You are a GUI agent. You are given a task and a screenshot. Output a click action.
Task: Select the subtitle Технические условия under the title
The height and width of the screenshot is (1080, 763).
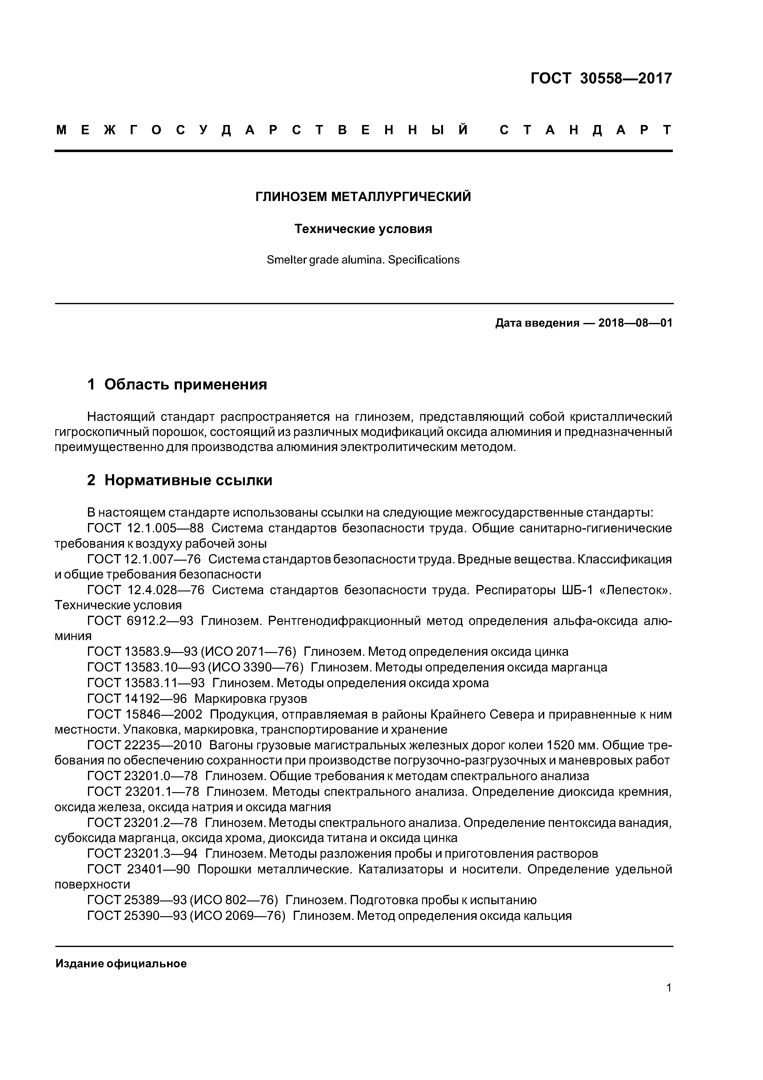point(363,229)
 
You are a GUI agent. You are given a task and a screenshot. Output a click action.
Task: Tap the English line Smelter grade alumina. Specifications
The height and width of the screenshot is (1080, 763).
point(363,260)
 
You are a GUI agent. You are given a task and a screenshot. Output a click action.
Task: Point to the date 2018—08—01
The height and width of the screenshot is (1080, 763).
point(635,323)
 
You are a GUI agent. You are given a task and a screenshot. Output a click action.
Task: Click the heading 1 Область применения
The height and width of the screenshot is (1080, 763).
point(177,384)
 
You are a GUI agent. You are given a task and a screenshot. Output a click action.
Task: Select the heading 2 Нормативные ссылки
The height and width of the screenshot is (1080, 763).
point(180,480)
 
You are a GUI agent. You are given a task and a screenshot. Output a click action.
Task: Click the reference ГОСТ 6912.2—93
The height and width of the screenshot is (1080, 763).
point(140,621)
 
